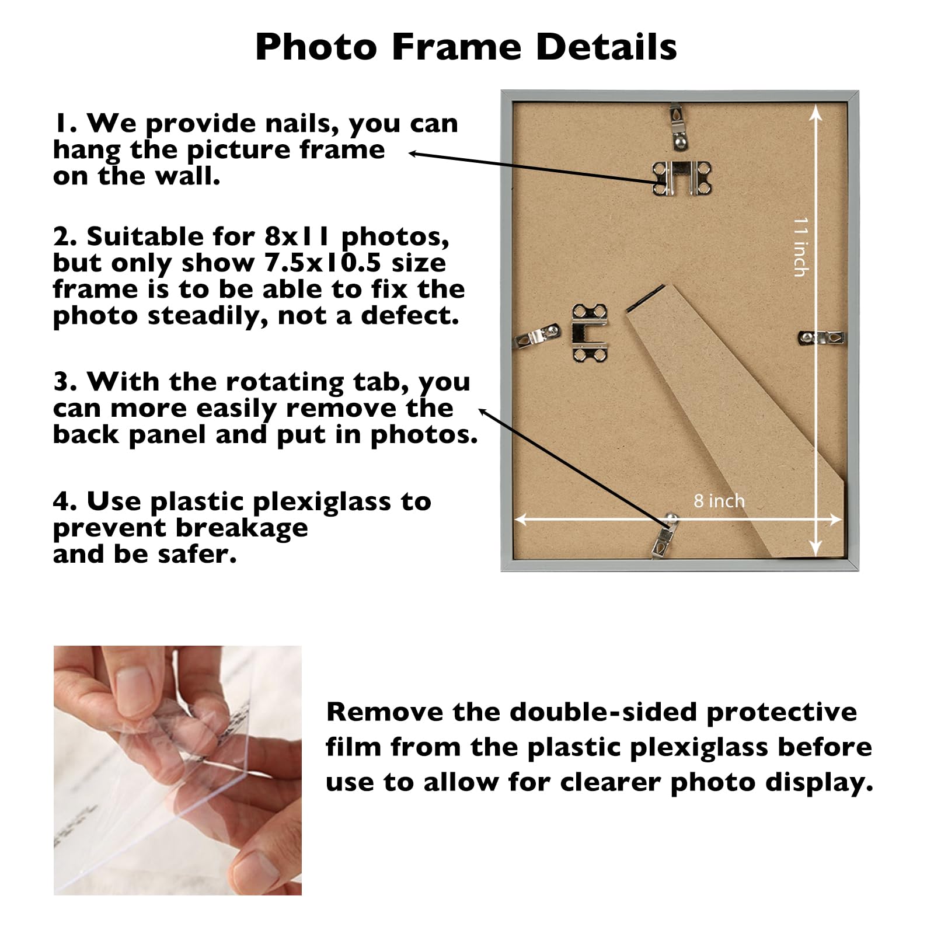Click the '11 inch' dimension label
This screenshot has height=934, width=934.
pos(801,246)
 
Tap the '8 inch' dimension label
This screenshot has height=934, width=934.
pos(719,501)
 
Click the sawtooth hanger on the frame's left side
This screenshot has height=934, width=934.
pos(590,333)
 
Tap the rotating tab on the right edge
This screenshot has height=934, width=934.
pos(822,337)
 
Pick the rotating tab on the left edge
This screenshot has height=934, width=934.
pos(536,337)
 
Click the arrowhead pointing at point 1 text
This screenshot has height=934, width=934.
pos(412,154)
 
